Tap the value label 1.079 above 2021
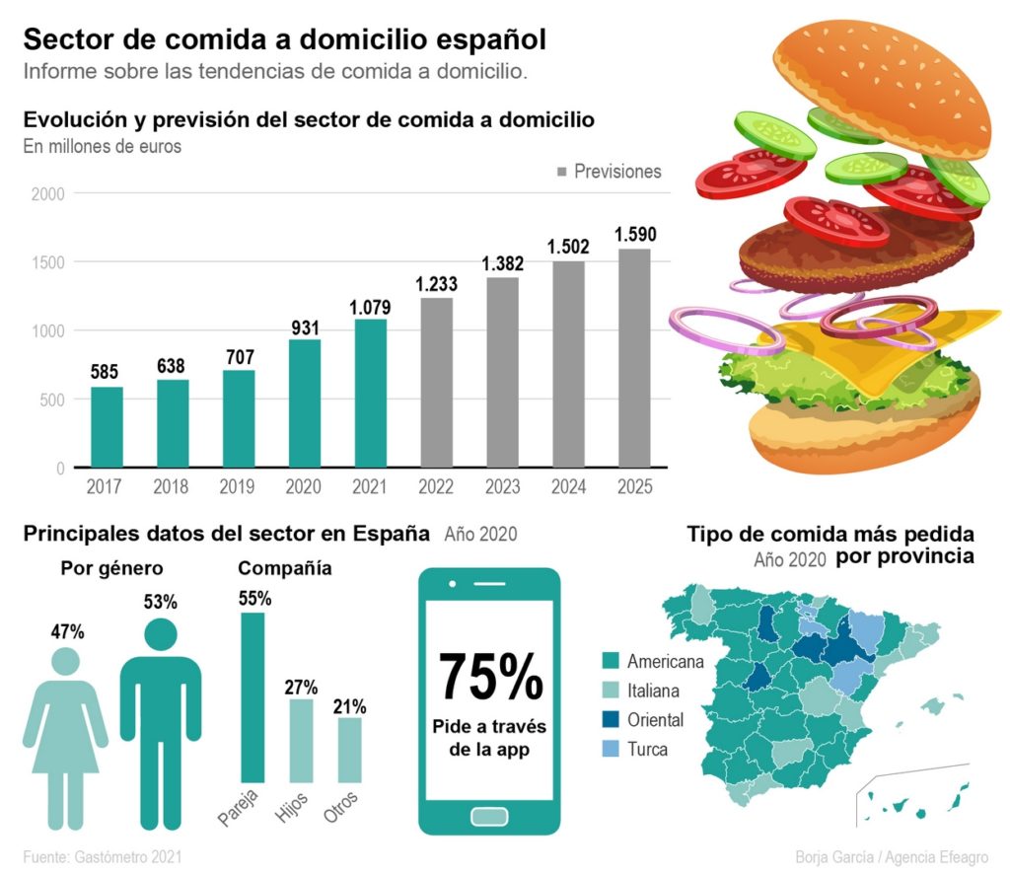pyautogui.click(x=370, y=308)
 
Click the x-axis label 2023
pyautogui.click(x=502, y=487)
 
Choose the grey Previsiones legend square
pyautogui.click(x=562, y=172)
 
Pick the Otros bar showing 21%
pyautogui.click(x=350, y=750)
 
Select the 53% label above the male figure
pyautogui.click(x=160, y=602)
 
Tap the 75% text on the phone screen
pyautogui.click(x=490, y=676)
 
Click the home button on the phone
pyautogui.click(x=489, y=816)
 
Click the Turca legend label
pyautogui.click(x=648, y=750)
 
